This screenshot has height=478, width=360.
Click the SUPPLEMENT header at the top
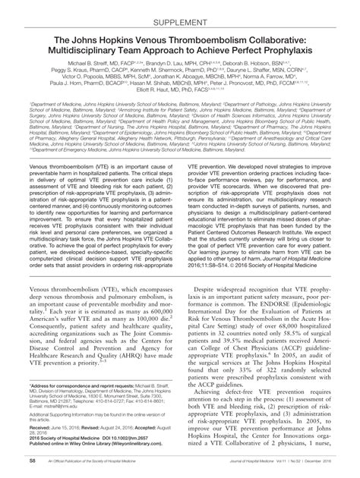pyautogui.click(x=180, y=12)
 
